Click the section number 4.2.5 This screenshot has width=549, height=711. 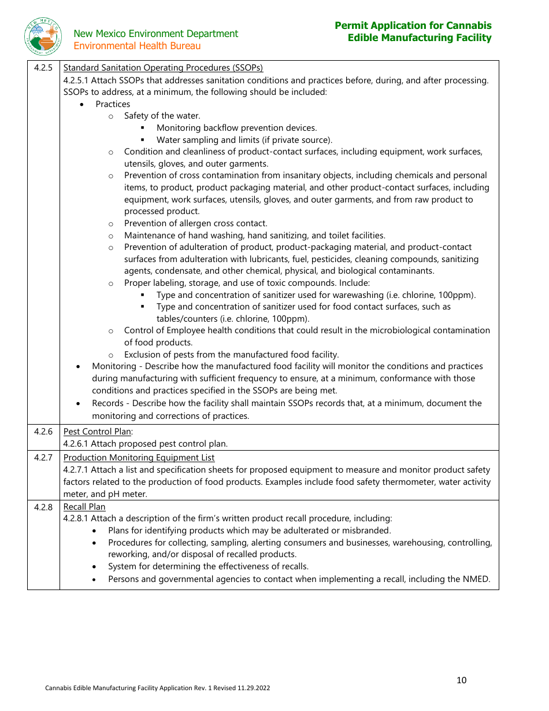point(43,68)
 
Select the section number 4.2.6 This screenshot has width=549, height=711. point(43,432)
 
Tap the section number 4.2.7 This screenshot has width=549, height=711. point(43,458)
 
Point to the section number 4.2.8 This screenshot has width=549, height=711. point(43,507)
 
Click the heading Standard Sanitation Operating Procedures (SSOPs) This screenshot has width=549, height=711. point(163,68)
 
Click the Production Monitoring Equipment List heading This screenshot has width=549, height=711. point(139,458)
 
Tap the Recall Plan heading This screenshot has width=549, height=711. point(84,507)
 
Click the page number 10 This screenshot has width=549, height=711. point(461,680)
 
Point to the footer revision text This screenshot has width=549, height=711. point(158,688)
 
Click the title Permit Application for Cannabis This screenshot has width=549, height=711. point(413,25)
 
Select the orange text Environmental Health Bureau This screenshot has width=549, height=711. point(137,46)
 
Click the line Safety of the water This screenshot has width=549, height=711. point(162,116)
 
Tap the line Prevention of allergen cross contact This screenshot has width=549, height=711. point(195,223)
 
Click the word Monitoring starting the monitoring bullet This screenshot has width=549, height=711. point(114,366)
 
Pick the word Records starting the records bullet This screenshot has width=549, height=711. point(107,403)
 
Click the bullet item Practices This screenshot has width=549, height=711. point(113,104)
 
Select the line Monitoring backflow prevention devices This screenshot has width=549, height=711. point(236,128)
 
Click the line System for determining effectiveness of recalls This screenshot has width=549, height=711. point(208,566)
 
